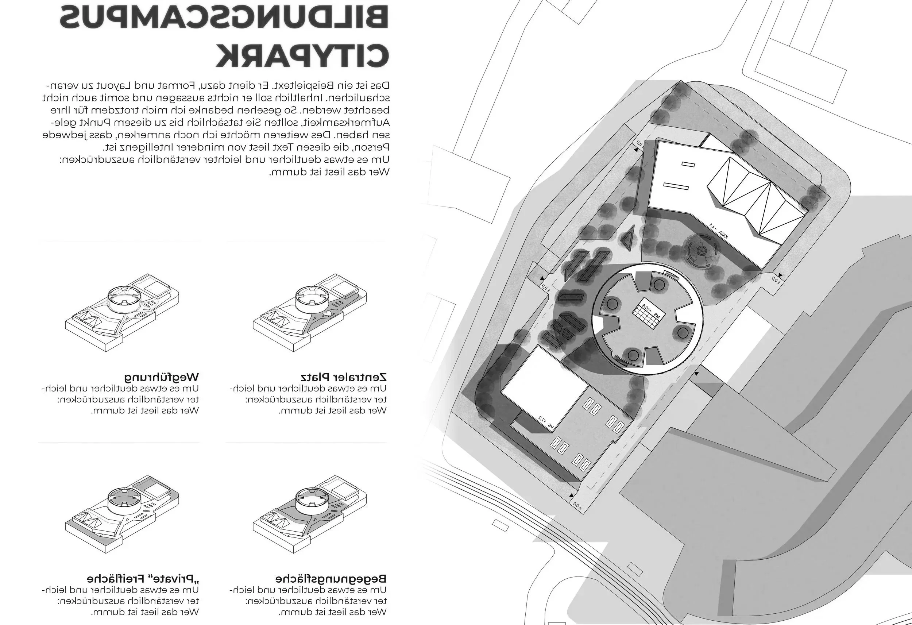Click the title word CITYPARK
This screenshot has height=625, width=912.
click(x=302, y=57)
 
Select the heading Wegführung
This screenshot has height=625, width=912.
click(x=162, y=378)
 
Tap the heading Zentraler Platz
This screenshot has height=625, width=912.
click(x=344, y=378)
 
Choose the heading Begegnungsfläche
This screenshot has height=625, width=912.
click(x=331, y=579)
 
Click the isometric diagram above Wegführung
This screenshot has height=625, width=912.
click(x=121, y=314)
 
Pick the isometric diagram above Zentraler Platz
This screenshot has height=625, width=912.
click(x=310, y=314)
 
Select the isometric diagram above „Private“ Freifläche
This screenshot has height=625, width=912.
click(x=121, y=514)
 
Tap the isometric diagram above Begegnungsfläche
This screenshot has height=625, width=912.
click(x=310, y=514)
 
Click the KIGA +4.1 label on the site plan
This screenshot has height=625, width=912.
click(x=719, y=231)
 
